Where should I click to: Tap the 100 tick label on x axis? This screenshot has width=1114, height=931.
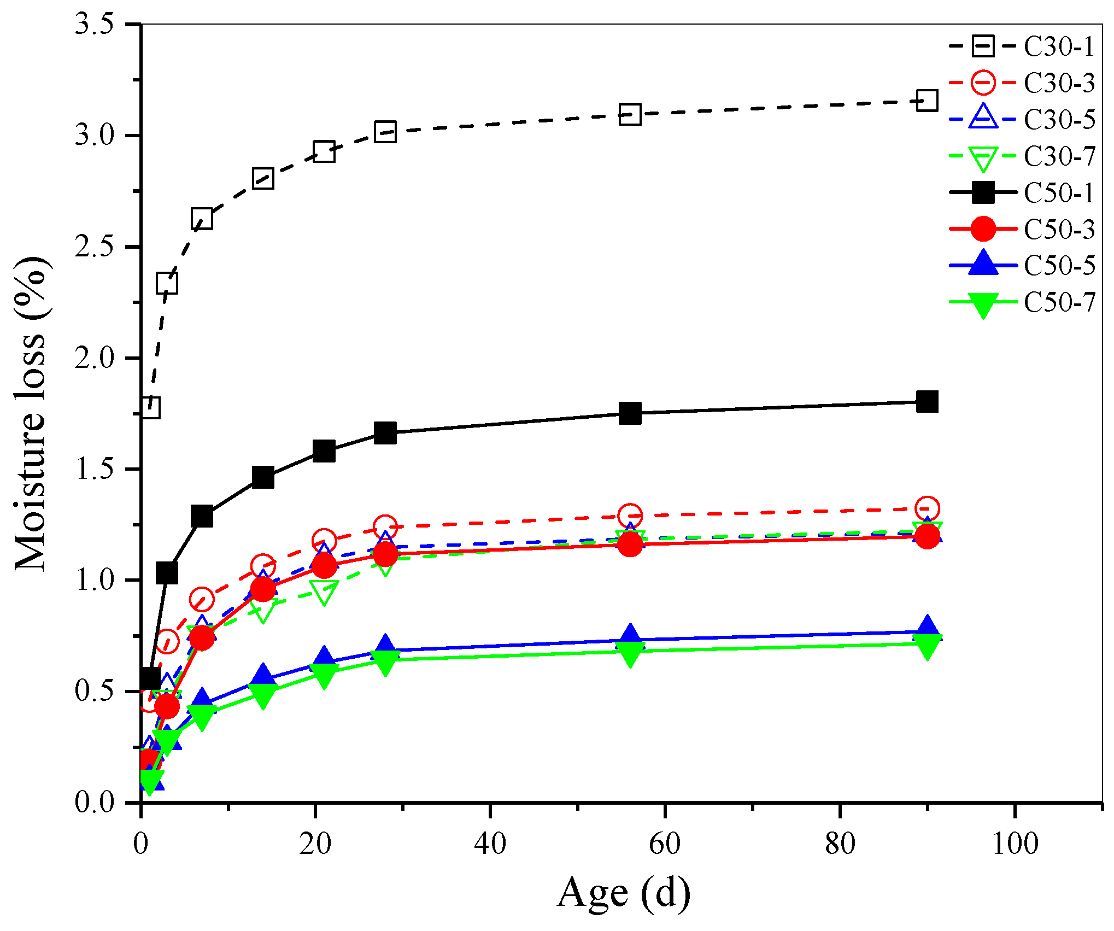1015,844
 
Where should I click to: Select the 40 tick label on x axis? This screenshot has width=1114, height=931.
490,844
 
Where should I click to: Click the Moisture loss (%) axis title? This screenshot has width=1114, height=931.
31,414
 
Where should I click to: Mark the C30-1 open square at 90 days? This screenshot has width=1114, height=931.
927,101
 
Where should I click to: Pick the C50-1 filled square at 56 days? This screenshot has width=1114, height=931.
630,413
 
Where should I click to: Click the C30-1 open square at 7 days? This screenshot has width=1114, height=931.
202,219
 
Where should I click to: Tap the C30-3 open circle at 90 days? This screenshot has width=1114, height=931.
927,508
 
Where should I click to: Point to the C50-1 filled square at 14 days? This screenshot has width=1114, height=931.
263,478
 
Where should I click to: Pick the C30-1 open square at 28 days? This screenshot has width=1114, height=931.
385,132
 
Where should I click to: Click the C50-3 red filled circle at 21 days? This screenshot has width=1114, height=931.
324,566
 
